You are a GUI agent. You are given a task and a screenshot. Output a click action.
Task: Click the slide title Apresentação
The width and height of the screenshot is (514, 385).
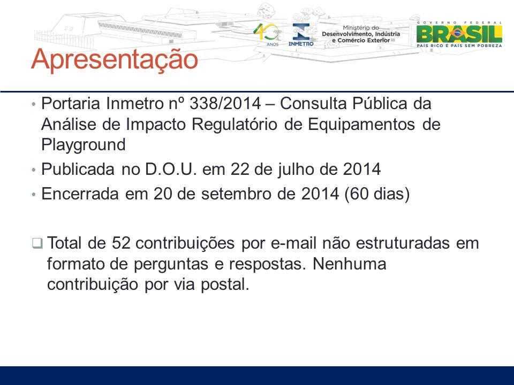click(x=115, y=59)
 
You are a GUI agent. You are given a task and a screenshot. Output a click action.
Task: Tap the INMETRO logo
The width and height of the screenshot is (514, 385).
click(x=301, y=35)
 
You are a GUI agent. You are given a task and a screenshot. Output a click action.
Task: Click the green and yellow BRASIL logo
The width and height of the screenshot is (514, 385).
click(x=459, y=34)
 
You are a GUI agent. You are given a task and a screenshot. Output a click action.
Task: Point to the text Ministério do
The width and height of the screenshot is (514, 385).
click(x=360, y=28)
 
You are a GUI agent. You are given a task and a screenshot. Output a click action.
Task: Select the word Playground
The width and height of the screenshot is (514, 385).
click(x=84, y=144)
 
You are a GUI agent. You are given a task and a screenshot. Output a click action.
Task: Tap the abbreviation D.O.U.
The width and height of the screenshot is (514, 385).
click(x=171, y=170)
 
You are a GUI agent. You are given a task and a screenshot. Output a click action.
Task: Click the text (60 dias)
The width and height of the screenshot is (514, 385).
click(x=377, y=194)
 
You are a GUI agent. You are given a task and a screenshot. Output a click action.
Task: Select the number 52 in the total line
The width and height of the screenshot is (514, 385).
click(x=121, y=243)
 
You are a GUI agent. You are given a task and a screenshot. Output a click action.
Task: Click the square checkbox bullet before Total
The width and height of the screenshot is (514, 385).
click(x=37, y=244)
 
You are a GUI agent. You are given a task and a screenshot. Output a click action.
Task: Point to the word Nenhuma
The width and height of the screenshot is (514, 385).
click(x=350, y=264)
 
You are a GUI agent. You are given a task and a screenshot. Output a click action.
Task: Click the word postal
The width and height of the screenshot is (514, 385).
click(x=225, y=284)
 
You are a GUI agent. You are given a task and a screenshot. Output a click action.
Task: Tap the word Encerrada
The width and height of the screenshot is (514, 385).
click(x=80, y=194)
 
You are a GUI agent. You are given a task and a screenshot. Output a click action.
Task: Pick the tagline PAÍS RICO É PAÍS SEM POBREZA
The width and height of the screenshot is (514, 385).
click(x=459, y=46)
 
